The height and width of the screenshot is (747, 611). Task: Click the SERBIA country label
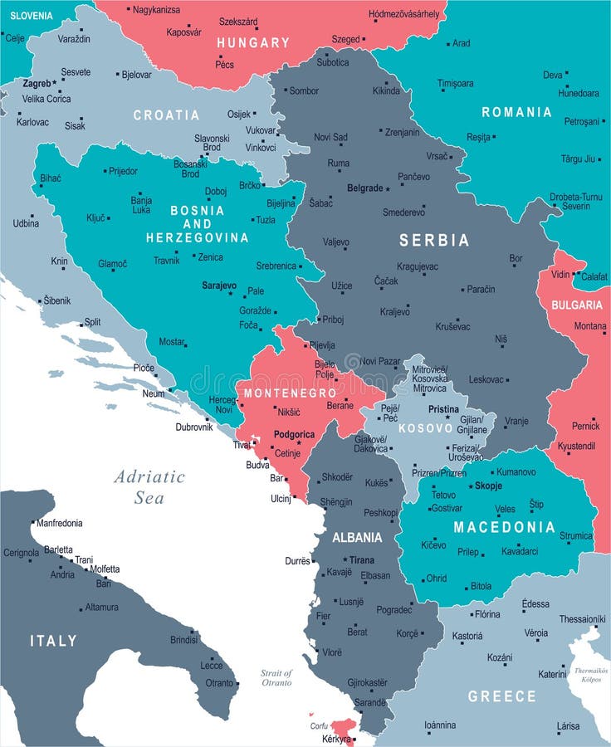(x=434, y=240)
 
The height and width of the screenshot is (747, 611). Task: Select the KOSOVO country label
(x=426, y=428)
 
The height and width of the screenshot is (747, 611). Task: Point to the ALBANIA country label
(x=357, y=537)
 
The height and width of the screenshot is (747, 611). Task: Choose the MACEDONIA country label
(x=504, y=527)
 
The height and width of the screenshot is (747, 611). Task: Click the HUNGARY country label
(x=253, y=42)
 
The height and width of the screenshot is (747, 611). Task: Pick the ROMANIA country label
(x=516, y=112)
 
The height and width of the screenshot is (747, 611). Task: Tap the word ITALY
(x=53, y=641)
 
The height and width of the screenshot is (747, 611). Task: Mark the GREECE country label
(x=501, y=696)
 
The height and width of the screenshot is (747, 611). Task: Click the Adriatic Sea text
(x=149, y=486)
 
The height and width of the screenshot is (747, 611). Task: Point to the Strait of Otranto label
(x=276, y=677)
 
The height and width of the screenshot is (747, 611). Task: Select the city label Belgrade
(x=364, y=188)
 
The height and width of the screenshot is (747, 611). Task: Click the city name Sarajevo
(x=219, y=285)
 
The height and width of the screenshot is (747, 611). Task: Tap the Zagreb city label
(x=37, y=84)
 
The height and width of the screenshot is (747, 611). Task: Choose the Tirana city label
(x=362, y=560)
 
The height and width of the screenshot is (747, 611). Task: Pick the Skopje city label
(x=488, y=486)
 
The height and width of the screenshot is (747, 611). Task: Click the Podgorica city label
(x=294, y=434)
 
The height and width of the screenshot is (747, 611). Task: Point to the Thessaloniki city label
(x=582, y=618)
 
